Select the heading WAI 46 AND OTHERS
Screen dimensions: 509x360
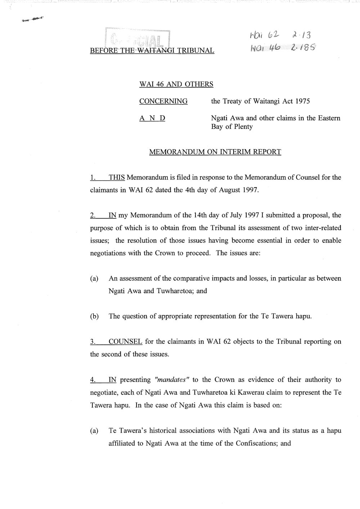pos(176,84)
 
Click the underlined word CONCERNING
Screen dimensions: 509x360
pos(163,101)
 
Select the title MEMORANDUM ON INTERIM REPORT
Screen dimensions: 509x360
pos(215,152)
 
